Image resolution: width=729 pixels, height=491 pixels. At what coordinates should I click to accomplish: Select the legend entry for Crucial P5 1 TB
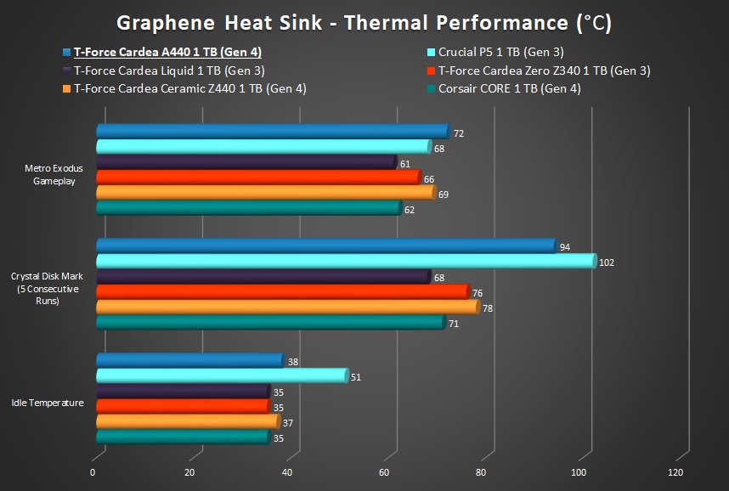pyautogui.click(x=500, y=52)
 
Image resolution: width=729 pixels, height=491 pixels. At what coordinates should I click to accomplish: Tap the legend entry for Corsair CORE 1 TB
pyautogui.click(x=509, y=88)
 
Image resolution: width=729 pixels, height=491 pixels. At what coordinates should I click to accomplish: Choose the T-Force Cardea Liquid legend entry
pyautogui.click(x=168, y=71)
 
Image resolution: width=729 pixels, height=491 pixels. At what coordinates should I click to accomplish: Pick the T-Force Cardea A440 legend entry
pyautogui.click(x=167, y=52)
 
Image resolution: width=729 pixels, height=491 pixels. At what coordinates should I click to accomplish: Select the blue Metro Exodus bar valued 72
pyautogui.click(x=272, y=131)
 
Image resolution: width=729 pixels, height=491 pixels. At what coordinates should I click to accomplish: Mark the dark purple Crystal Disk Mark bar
pyautogui.click(x=263, y=277)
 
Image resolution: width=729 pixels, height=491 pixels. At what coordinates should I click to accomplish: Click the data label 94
pyautogui.click(x=565, y=248)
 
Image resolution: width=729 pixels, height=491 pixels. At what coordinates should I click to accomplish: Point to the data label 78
pyautogui.click(x=488, y=308)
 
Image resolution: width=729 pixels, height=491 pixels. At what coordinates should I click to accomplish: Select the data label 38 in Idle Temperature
pyautogui.click(x=293, y=362)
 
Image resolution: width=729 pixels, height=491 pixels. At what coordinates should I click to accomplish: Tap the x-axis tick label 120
pyautogui.click(x=675, y=472)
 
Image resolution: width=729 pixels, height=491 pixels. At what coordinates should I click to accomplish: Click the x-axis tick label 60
pyautogui.click(x=384, y=472)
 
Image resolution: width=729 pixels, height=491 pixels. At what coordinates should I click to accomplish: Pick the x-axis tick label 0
pyautogui.click(x=93, y=472)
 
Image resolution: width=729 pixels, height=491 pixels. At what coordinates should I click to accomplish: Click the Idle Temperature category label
pyautogui.click(x=48, y=403)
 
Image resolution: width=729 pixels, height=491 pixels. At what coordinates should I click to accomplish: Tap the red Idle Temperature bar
pyautogui.click(x=183, y=406)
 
